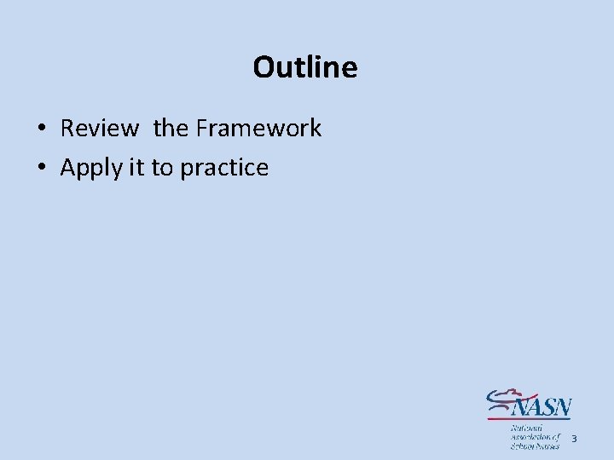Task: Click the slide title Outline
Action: pos(305,66)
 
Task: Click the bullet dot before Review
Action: pos(41,129)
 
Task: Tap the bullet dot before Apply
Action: pos(41,169)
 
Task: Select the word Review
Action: pos(99,129)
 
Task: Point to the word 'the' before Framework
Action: pos(171,129)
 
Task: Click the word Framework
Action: pos(258,129)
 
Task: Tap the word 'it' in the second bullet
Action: pos(136,168)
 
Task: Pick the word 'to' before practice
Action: pos(162,168)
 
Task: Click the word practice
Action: pos(224,168)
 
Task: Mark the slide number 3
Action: pos(574,439)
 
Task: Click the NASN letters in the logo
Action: pos(543,405)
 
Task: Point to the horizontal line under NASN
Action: pos(529,418)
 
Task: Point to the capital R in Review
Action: pos(67,129)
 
